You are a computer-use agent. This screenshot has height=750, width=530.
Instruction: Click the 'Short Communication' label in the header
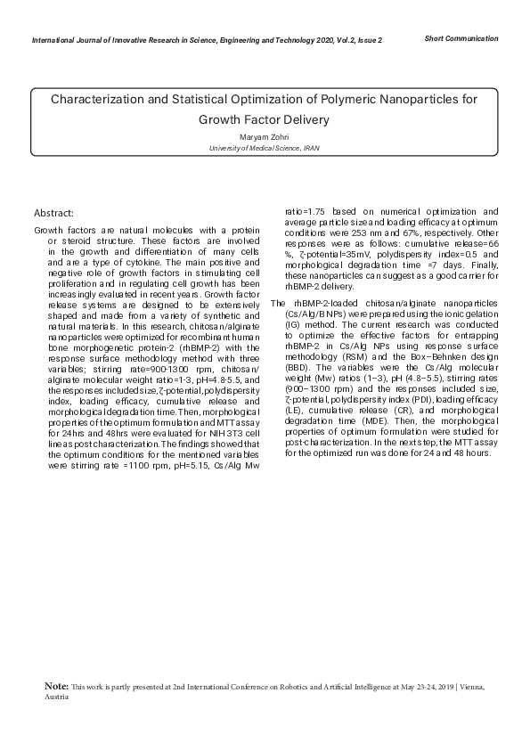click(461, 38)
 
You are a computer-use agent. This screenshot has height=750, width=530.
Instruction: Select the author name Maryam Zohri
click(265, 137)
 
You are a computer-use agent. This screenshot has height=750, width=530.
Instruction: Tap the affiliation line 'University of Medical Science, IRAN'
click(265, 148)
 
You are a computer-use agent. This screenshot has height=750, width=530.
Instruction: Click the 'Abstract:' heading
click(53, 213)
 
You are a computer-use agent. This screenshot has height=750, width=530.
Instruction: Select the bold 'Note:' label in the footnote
click(56, 688)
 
